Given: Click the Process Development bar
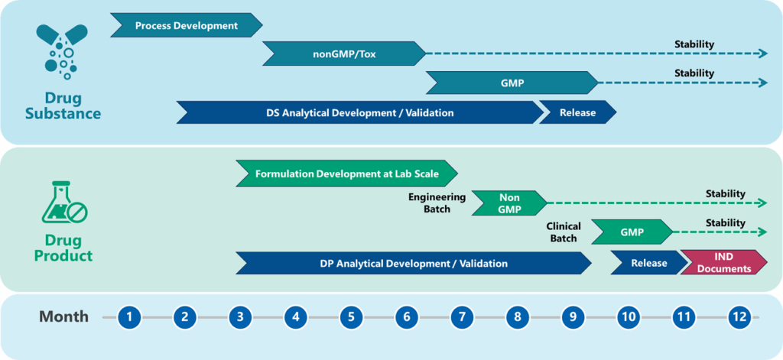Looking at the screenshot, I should (186, 25).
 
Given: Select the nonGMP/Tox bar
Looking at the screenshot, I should (343, 54).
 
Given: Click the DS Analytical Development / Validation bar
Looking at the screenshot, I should (359, 112).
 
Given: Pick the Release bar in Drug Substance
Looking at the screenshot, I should (577, 112).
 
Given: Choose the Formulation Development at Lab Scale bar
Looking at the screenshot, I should (346, 174).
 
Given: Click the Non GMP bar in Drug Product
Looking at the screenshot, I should (508, 202).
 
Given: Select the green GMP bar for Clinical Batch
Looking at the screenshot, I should (632, 232).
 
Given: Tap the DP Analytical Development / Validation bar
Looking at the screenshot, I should (413, 263).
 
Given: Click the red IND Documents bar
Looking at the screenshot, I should (723, 262).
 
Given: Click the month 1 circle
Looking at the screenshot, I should (131, 316).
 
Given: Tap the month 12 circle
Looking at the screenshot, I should (739, 316).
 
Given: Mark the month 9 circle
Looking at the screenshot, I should (573, 316).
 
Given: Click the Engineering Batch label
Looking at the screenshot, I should (437, 203).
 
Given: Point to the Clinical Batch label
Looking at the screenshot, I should (564, 232).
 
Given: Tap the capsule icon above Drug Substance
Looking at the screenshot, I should (62, 50).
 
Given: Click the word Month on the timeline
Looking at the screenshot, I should (63, 316).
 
